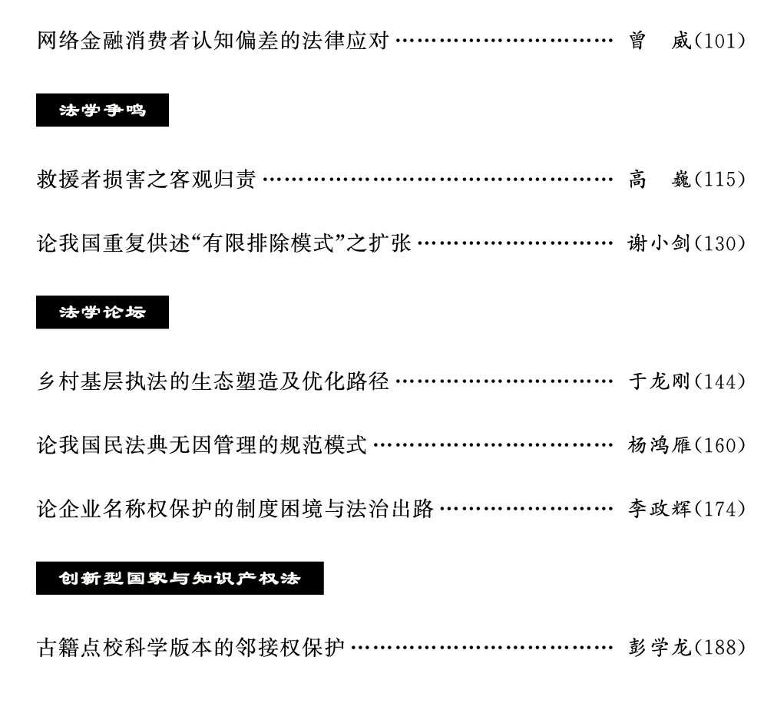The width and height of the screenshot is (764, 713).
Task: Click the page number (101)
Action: coord(720,41)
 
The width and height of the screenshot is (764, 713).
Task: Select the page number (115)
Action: coord(720,180)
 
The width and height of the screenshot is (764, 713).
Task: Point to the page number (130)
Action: coord(720,244)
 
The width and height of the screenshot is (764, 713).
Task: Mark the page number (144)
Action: coord(720,381)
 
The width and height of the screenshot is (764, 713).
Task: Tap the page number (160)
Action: coord(720,444)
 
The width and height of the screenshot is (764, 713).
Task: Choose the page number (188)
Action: coord(720,646)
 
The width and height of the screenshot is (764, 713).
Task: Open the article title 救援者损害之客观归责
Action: coord(146,180)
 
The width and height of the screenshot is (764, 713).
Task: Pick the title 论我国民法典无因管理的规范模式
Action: coord(201,444)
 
